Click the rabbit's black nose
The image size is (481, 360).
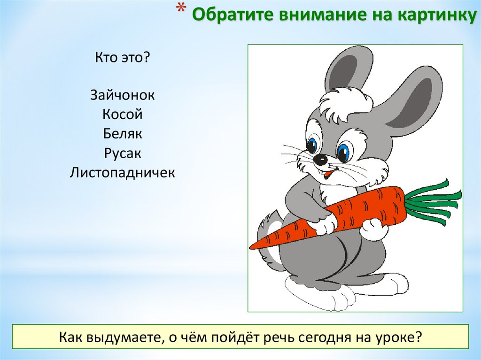pos(320,160)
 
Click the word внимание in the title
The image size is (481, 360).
pos(307,15)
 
